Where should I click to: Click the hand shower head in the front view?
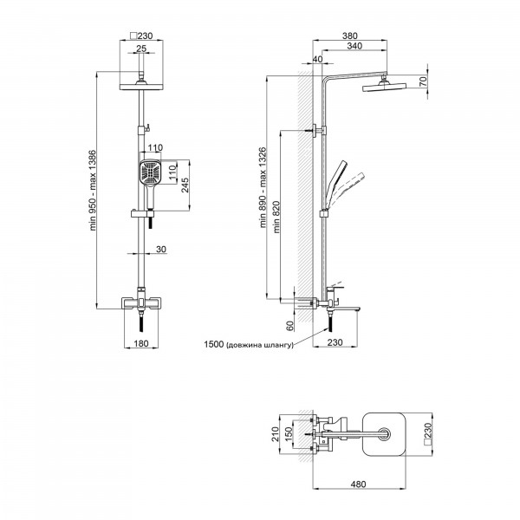coord(149,173)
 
